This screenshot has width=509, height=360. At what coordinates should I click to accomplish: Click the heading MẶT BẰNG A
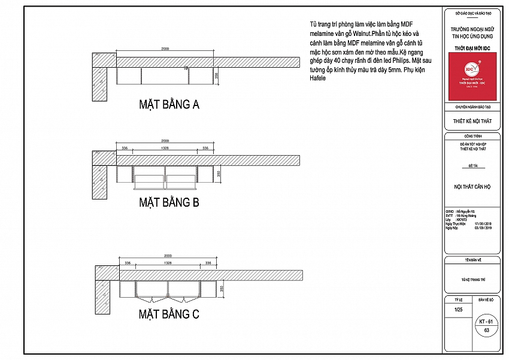[x=169, y=105]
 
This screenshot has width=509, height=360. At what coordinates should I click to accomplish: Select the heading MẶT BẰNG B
[x=169, y=202]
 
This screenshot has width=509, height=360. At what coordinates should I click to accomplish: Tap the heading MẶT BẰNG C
[x=169, y=314]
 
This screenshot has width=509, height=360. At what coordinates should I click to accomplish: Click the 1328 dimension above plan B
[x=163, y=147]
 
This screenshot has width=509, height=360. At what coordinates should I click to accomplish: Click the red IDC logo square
[x=472, y=76]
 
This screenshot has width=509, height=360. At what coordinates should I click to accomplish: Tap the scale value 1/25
[x=459, y=310]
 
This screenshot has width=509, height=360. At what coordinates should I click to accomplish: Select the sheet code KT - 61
[x=486, y=322]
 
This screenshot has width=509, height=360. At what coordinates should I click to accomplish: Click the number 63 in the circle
[x=486, y=330]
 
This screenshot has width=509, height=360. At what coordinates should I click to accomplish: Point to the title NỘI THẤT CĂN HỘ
[x=472, y=187]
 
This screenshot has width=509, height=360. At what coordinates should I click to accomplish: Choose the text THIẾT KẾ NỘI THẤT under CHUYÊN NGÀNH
[x=472, y=120]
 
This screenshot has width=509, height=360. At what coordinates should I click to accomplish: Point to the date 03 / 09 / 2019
[x=483, y=228]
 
